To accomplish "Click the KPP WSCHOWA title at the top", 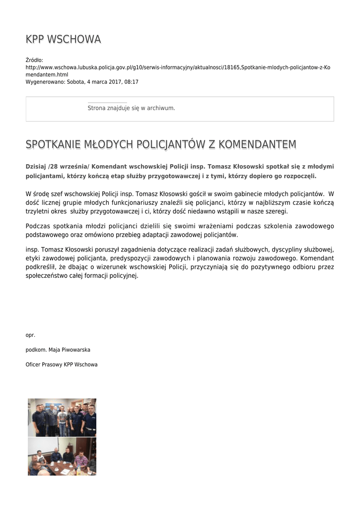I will (x=63, y=39).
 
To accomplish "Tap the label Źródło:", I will (x=35, y=60).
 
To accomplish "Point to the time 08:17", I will (x=132, y=82).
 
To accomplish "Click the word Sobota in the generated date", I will (x=76, y=82).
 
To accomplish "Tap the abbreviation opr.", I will (x=30, y=335).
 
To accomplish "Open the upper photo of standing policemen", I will (x=62, y=417).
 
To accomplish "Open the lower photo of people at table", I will (x=62, y=456).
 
